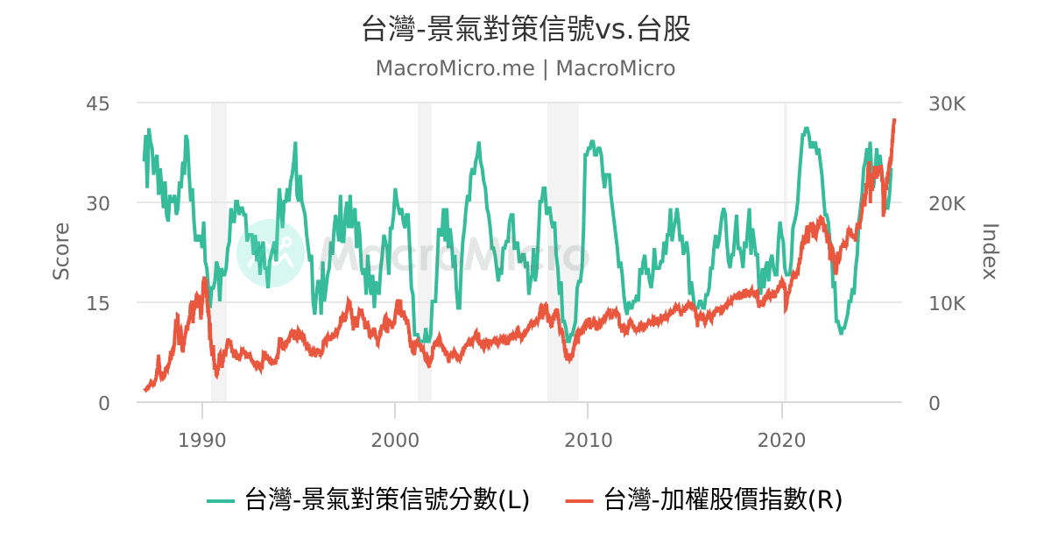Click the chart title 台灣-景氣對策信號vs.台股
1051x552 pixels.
pos(525,30)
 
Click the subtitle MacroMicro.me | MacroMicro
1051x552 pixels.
pos(525,68)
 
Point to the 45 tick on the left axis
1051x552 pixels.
pos(98,103)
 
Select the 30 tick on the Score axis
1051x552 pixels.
pos(98,203)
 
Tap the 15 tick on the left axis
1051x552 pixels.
pos(98,303)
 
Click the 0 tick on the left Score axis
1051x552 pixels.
pos(103,403)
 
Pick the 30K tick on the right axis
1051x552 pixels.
pos(947,103)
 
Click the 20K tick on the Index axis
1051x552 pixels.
pos(947,203)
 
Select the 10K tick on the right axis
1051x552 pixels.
pos(947,303)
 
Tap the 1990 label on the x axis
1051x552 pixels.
pos(202,438)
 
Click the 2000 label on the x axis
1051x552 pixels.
pos(395,438)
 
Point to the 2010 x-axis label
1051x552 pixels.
pos(589,438)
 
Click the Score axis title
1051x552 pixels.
pos(61,251)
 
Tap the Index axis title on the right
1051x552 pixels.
pos(990,251)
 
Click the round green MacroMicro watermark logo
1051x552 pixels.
pos(271,252)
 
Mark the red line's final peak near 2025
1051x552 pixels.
pos(894,120)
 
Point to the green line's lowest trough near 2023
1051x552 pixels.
pos(841,333)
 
